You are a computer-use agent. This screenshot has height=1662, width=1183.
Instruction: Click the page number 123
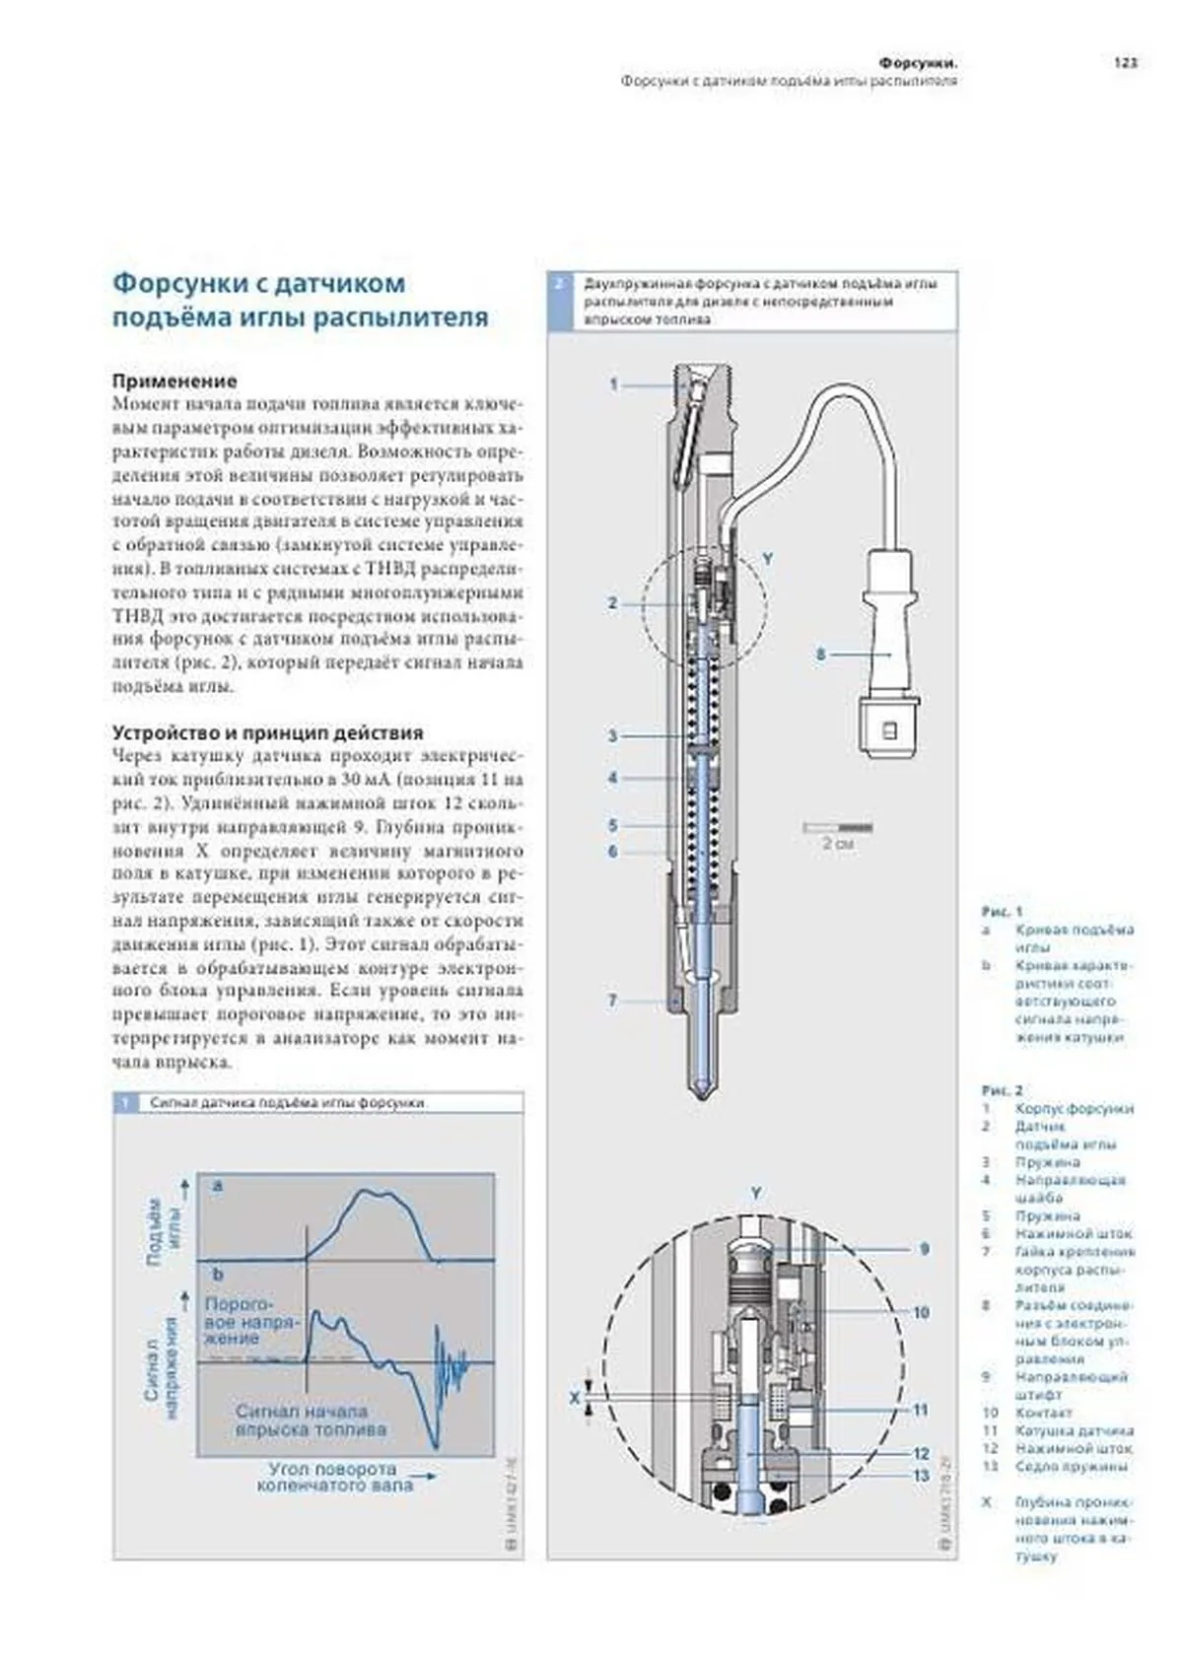tap(1126, 62)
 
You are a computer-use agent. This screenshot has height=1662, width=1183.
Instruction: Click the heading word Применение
tap(174, 381)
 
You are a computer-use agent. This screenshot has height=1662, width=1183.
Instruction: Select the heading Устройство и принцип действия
tap(267, 732)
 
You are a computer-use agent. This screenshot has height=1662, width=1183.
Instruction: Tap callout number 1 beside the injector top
tap(613, 384)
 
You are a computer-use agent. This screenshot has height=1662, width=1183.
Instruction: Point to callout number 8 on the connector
tap(820, 653)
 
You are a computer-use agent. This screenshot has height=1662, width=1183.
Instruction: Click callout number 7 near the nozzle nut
tap(612, 1001)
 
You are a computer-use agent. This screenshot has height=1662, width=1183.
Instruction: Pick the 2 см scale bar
tap(838, 827)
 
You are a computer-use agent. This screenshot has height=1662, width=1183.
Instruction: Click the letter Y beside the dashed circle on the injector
tap(768, 559)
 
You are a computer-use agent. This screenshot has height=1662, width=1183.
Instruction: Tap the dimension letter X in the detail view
tap(575, 1397)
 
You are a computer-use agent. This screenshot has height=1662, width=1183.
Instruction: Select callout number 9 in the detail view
tap(924, 1249)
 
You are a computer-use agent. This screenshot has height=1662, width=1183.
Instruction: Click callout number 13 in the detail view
tap(921, 1475)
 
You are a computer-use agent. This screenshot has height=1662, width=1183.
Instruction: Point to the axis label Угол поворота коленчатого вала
tap(333, 1476)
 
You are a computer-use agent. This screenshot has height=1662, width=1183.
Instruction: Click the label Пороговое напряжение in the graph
tap(250, 1321)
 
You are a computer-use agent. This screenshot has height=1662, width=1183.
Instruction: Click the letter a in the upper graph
tap(218, 1186)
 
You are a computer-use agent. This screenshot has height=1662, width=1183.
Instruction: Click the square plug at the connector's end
tap(888, 730)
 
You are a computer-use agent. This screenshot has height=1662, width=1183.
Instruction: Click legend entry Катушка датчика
tap(1074, 1430)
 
